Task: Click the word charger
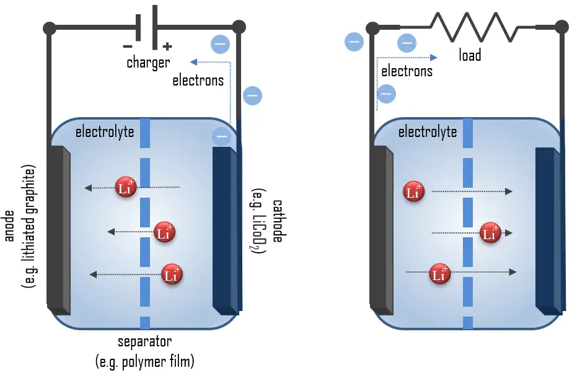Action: coord(148,63)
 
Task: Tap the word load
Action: coord(470,55)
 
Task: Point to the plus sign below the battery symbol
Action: coord(166,46)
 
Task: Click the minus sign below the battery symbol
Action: coord(128,46)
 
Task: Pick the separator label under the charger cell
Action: coord(144,342)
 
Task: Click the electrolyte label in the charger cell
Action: coord(105,132)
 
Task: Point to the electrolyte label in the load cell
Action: coord(428,132)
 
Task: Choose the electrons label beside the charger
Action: coord(198,81)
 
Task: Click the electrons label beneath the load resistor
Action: coord(407,71)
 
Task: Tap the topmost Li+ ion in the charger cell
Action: coord(126,188)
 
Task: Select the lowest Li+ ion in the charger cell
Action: coord(172,274)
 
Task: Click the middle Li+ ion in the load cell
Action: coord(490,233)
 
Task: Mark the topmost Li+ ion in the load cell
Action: coord(413,191)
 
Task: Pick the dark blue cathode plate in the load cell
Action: coord(547,229)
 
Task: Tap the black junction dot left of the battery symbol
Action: coord(50,27)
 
